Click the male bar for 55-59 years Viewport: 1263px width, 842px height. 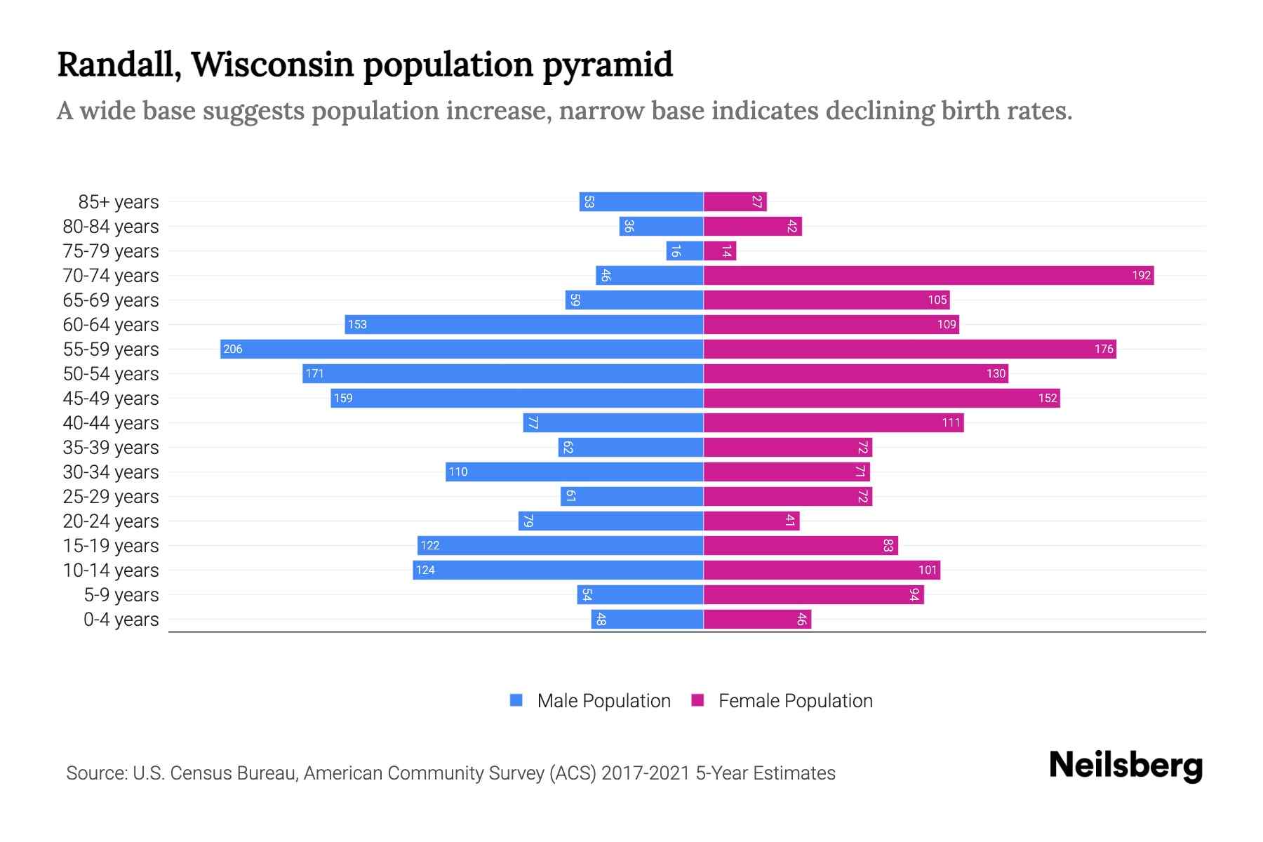(x=462, y=349)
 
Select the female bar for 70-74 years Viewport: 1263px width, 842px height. (x=928, y=275)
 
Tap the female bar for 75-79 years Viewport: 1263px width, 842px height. (x=720, y=250)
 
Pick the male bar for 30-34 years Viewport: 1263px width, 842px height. (x=574, y=472)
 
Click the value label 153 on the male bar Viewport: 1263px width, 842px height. (x=357, y=324)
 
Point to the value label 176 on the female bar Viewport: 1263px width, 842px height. (x=1103, y=349)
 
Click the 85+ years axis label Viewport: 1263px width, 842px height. (x=119, y=202)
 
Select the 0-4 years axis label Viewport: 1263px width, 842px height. (x=121, y=620)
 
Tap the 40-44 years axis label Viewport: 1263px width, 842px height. (x=111, y=423)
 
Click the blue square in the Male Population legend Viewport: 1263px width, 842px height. (x=516, y=700)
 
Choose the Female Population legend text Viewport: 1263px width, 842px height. (x=795, y=701)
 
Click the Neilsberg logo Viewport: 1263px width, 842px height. (x=1125, y=766)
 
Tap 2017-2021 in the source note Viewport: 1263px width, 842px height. (x=646, y=773)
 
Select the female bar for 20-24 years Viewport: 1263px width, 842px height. (x=751, y=521)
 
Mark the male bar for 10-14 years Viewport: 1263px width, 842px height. (x=558, y=570)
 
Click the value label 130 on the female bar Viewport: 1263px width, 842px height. (x=996, y=373)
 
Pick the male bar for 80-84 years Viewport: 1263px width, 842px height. (x=661, y=226)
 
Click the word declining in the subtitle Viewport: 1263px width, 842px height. (x=878, y=111)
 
